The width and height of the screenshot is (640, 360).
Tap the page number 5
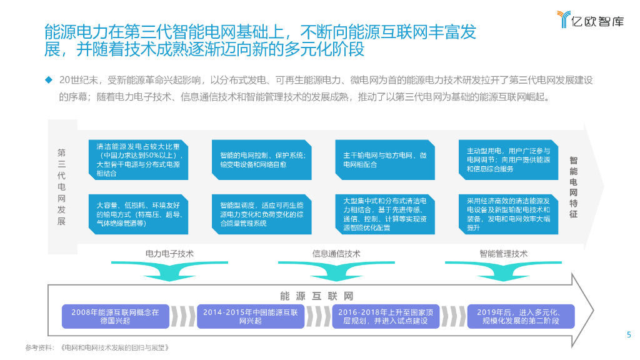point(629,334)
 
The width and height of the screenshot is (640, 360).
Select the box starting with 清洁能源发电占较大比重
point(137,160)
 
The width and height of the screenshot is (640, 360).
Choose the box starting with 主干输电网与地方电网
point(384,160)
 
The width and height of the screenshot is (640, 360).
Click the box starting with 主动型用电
point(508,160)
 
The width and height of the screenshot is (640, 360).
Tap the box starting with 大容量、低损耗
point(137,214)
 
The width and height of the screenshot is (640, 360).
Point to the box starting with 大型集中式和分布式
point(384,214)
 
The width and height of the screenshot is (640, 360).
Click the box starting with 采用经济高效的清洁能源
point(508,214)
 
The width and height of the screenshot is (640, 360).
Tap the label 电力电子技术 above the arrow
point(169,254)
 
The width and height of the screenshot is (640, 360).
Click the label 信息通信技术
point(336,254)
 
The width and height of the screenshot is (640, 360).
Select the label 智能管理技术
point(503,254)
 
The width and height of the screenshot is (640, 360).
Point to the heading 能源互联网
point(317,296)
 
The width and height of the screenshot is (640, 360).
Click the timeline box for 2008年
point(115,316)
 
